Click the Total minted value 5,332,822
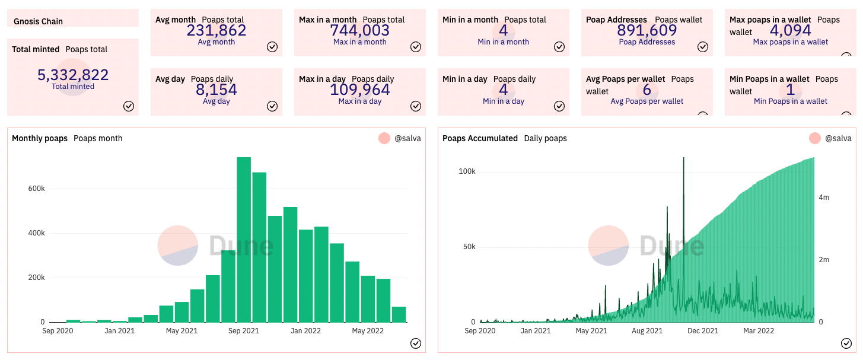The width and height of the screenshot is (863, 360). point(73,75)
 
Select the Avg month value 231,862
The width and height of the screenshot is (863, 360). point(216,30)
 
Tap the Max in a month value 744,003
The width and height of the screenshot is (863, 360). point(360,30)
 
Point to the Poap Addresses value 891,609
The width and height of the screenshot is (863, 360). point(647,30)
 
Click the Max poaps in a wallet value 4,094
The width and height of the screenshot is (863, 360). point(791,30)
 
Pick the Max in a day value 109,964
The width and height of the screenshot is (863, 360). point(360,90)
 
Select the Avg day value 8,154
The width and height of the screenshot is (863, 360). point(216,90)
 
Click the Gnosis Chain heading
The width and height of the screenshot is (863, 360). point(39,21)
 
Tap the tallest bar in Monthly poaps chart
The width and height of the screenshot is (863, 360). point(244,239)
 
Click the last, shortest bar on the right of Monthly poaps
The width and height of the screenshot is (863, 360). point(399,314)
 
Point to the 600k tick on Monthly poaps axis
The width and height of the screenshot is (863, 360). point(37,189)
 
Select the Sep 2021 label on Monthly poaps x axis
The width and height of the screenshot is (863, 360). point(243,330)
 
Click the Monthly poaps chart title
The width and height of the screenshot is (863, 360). point(40,138)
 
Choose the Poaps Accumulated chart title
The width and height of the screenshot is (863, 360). point(480,138)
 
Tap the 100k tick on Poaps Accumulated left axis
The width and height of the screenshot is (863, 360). point(467,171)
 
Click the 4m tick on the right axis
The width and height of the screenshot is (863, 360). point(824,197)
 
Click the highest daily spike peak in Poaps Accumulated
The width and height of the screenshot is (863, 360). point(684,158)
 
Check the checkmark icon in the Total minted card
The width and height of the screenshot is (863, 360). point(129,106)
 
